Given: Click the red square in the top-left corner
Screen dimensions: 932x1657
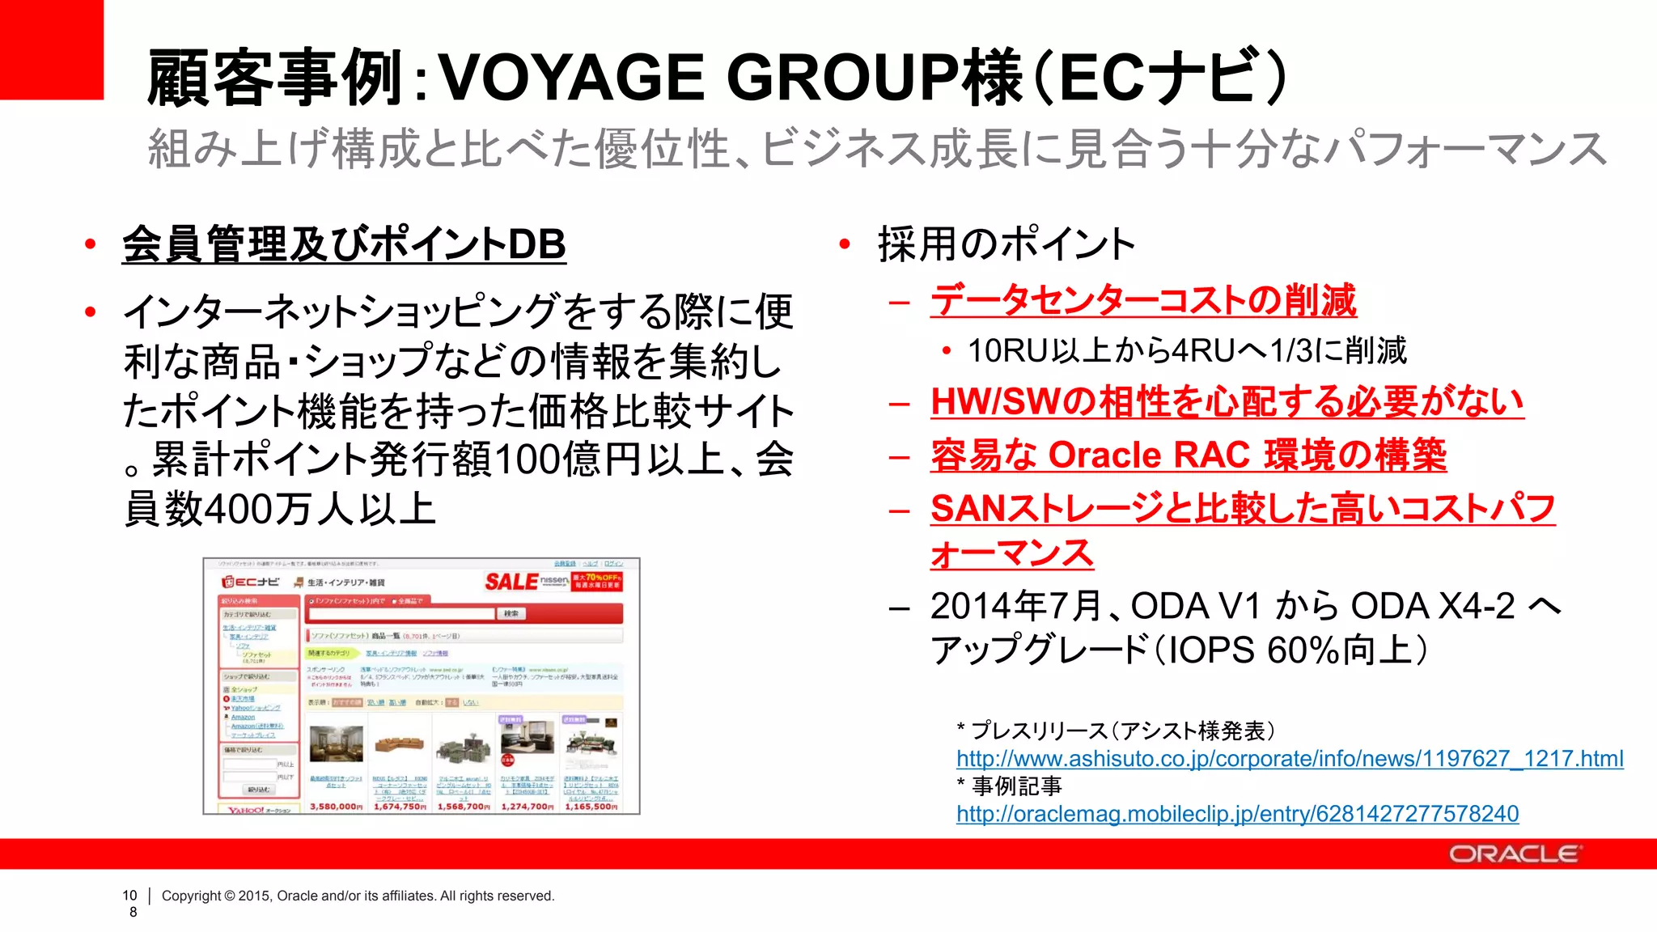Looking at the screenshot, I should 51,49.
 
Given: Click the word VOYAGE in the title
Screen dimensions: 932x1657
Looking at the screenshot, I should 570,78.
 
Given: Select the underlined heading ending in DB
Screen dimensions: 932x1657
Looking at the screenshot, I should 344,244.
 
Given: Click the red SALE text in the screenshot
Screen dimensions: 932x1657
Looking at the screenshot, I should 511,582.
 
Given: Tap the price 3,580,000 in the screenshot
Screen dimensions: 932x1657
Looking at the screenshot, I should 335,807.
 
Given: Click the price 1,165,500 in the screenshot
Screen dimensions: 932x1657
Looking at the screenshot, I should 591,807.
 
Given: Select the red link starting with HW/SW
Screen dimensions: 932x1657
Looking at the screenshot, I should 1227,402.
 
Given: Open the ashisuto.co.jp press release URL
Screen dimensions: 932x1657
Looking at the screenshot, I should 1289,759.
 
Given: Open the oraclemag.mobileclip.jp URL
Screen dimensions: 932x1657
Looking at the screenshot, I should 1237,814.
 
